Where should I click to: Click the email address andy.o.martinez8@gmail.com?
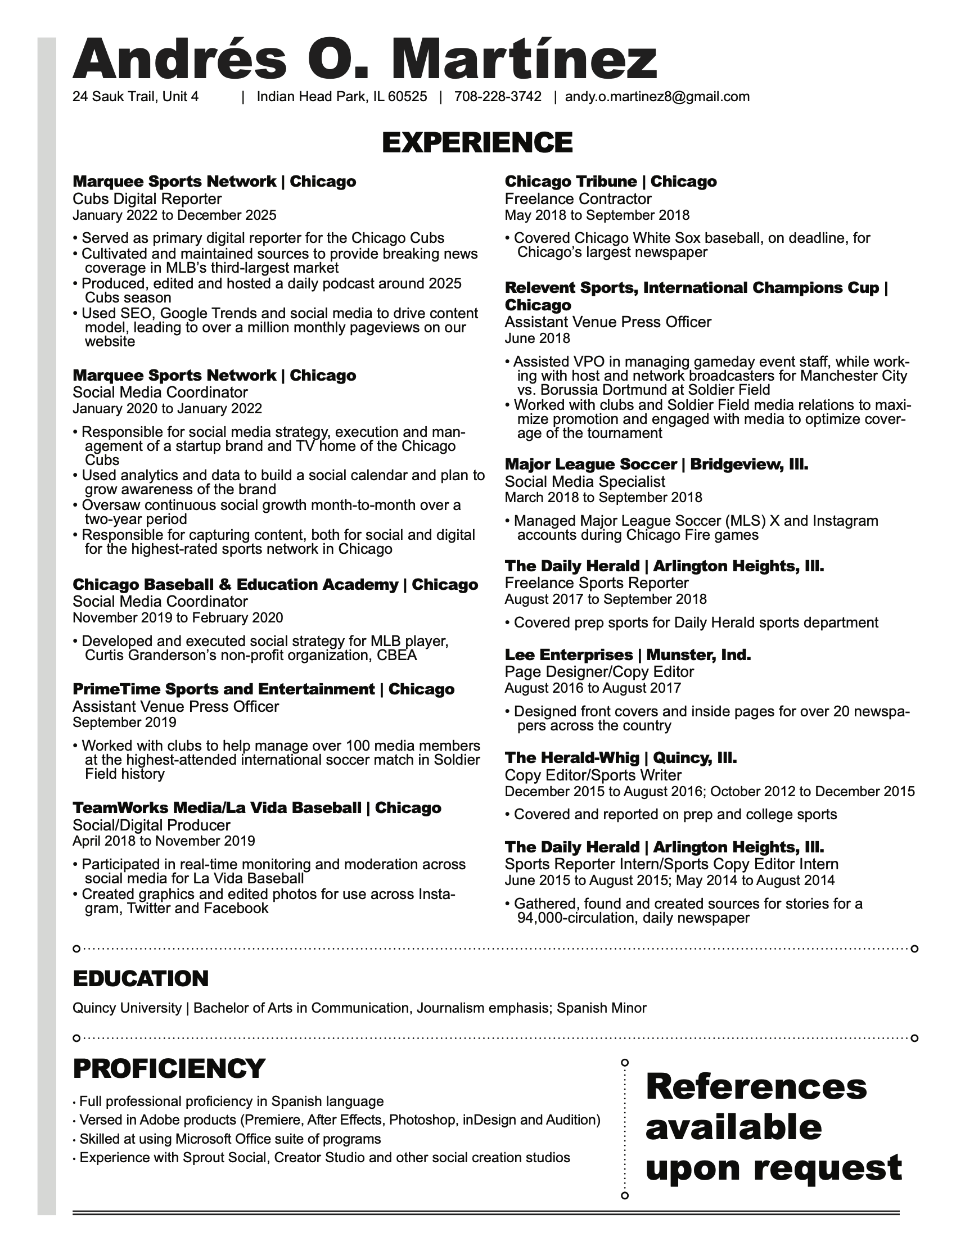[657, 97]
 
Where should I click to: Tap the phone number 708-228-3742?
[497, 97]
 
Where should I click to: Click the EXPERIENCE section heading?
[477, 142]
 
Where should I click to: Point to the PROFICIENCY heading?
[169, 1069]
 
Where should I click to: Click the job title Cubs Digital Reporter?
[147, 199]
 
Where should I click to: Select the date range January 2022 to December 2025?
[174, 215]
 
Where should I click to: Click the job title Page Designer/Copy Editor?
[599, 672]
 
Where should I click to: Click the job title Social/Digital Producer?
[151, 825]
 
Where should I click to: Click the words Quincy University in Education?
[127, 1008]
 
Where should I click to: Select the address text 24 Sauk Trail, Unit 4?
[136, 97]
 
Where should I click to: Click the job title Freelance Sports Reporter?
[596, 584]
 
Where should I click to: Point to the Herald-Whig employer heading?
[620, 758]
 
